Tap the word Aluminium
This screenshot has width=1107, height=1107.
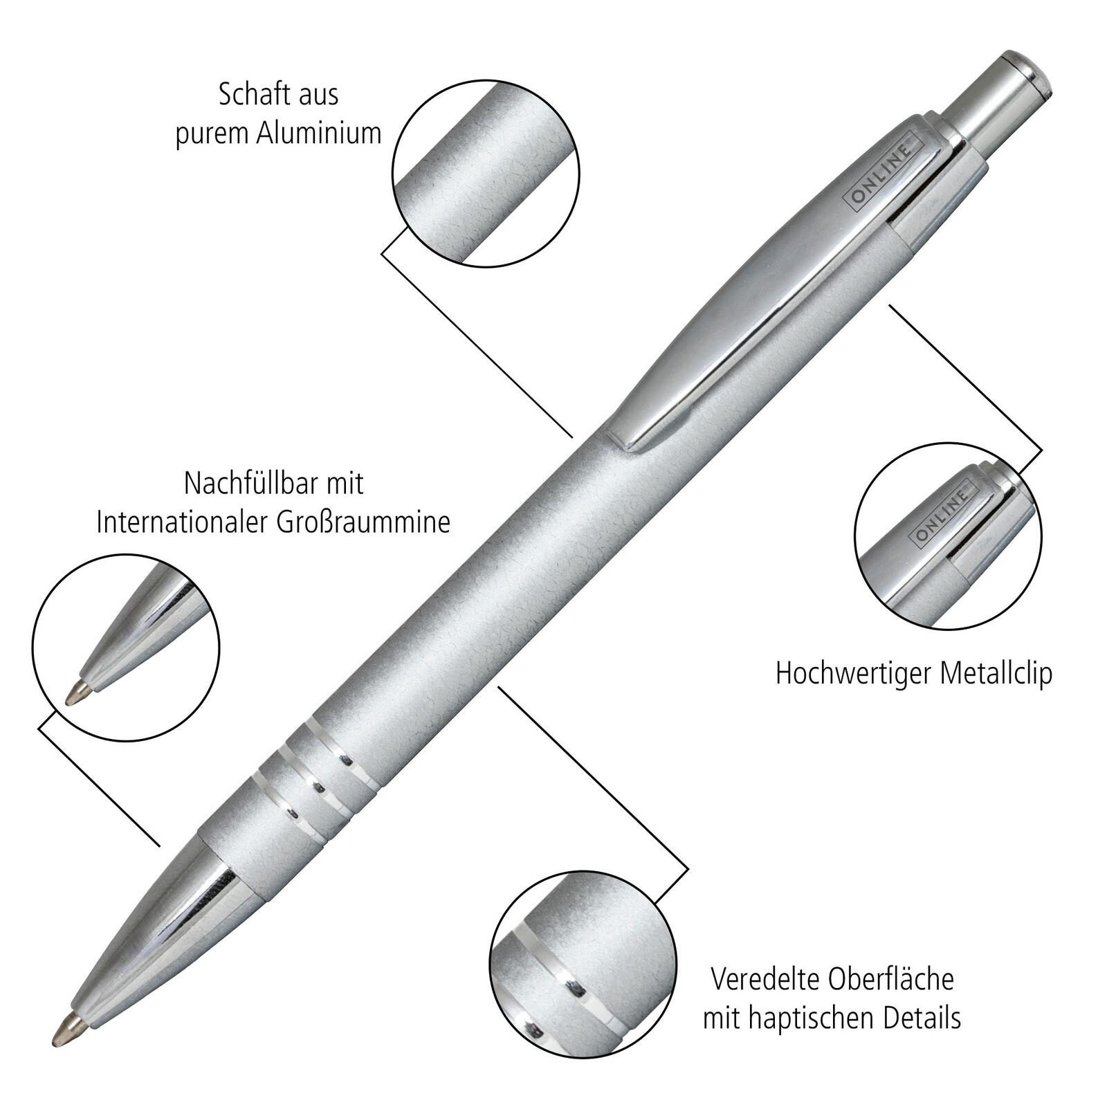click(320, 134)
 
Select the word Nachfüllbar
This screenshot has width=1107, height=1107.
click(245, 483)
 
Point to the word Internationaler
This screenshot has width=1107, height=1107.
click(183, 522)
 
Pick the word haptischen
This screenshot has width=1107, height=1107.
click(816, 1018)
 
